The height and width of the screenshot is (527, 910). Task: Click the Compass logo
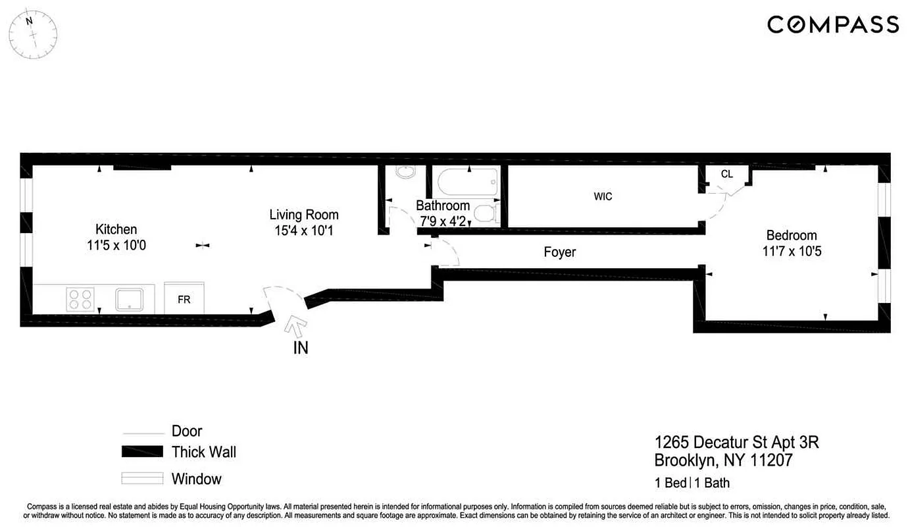pos(832,25)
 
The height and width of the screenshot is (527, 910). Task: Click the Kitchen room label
pos(116,229)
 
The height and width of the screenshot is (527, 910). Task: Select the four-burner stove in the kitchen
pos(81,299)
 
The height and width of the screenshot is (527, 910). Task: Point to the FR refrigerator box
pos(184,299)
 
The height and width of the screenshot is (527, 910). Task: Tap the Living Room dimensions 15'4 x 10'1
pos(304,232)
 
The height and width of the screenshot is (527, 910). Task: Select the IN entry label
pos(300,348)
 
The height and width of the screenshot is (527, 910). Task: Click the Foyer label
pos(559,252)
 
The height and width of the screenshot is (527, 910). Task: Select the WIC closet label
pos(603,197)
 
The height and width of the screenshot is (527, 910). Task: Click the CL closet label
pos(726,175)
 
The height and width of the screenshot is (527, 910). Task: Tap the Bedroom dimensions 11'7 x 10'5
pos(792,252)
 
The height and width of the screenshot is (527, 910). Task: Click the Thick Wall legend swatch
pos(142,452)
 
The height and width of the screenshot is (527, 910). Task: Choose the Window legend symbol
pos(142,478)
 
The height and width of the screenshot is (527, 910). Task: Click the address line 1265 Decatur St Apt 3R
pos(736,442)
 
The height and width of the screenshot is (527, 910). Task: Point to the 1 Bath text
pos(712,483)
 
